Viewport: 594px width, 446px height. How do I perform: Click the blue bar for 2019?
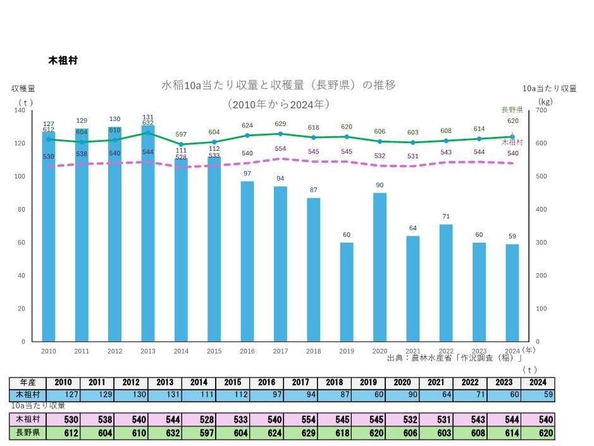pos(347,291)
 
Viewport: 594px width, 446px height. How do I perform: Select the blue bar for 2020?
pos(380,267)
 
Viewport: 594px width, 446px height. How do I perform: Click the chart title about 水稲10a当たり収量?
pos(279,85)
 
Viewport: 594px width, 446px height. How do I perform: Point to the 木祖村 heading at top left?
pos(63,61)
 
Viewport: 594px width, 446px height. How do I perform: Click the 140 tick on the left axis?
pos(19,110)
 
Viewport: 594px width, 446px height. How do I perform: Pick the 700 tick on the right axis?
pos(541,110)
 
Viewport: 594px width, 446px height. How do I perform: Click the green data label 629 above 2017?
pos(280,124)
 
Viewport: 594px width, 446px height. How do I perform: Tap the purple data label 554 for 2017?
pos(280,148)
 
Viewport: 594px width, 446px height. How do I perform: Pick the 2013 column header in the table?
pos(164,383)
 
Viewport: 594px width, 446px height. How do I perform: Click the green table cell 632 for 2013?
pos(164,434)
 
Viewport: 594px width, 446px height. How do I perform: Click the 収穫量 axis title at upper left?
pos(23,88)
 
